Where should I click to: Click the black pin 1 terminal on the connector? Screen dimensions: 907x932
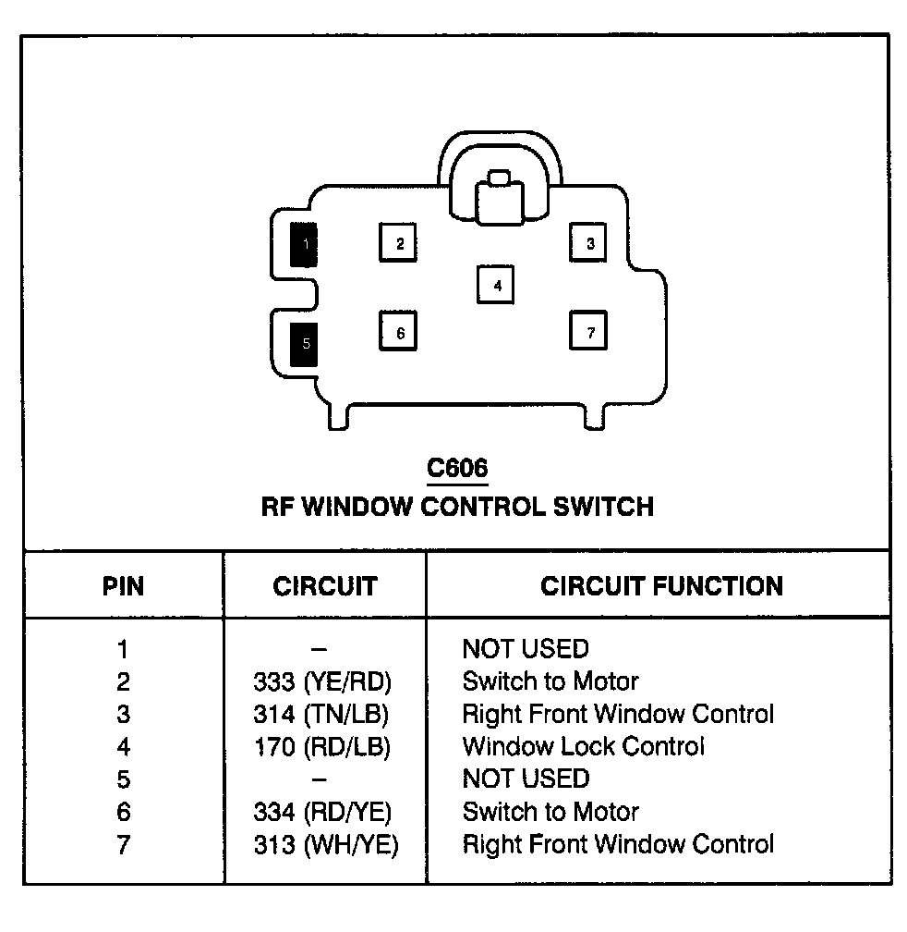coord(303,244)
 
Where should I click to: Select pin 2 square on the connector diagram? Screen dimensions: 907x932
coord(398,242)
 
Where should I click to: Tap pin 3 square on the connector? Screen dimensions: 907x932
coord(587,242)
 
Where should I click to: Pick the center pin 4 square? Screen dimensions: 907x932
coord(496,285)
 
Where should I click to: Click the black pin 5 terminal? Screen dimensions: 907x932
coord(303,345)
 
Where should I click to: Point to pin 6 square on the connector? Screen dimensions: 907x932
coord(398,331)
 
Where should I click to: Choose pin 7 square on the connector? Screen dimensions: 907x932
coord(587,330)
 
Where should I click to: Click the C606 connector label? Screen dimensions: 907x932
coord(457,469)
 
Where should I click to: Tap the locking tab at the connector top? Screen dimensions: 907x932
coord(499,199)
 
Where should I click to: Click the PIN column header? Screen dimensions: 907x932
coord(123,586)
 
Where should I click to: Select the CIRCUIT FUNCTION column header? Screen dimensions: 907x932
coord(661,586)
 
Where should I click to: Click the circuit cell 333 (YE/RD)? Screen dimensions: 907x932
coord(322,681)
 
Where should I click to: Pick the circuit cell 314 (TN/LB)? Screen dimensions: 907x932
coord(320,714)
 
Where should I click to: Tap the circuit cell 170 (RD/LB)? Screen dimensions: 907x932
coord(321,746)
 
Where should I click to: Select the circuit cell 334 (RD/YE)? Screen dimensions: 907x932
coord(322,812)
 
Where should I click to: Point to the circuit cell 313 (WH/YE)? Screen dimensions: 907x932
coord(326,845)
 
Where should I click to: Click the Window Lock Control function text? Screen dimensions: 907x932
coord(584,746)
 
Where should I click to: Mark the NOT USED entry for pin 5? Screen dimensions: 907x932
coord(526,779)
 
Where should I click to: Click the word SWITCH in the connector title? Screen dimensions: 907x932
coord(603,507)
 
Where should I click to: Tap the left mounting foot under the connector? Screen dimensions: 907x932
coord(338,417)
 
